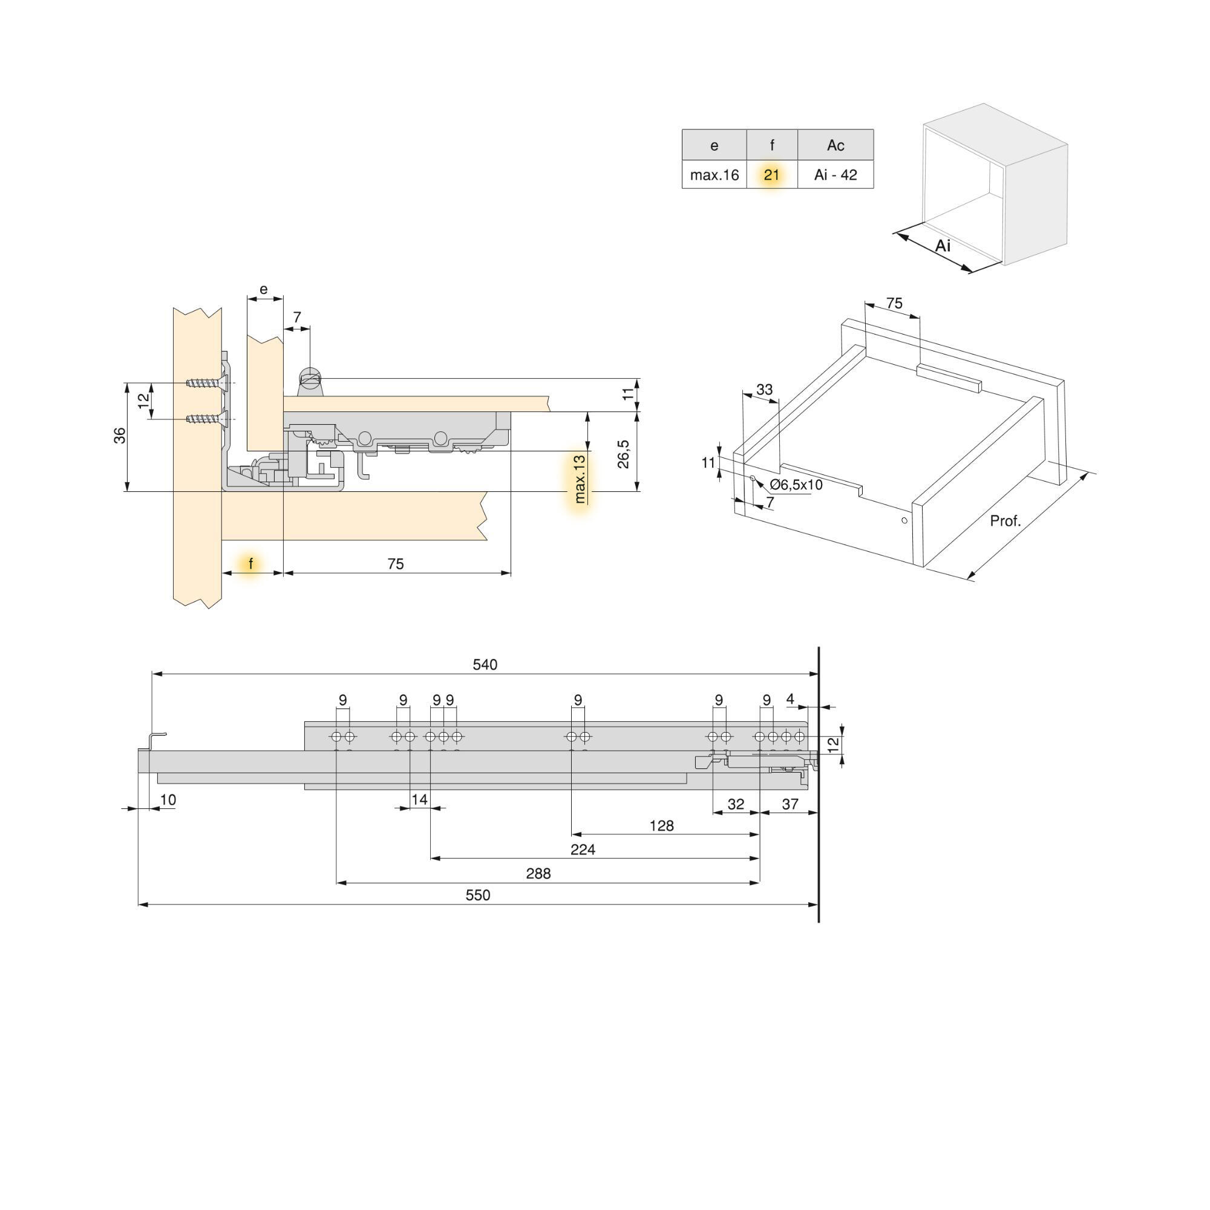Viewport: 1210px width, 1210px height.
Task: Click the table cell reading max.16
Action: click(714, 175)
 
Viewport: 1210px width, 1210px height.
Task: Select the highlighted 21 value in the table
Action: click(771, 175)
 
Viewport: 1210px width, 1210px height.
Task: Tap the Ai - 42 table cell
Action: click(836, 175)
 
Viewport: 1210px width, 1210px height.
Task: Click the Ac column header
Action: click(836, 145)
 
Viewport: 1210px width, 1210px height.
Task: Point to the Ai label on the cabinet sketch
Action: click(943, 246)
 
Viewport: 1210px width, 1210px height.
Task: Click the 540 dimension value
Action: click(485, 664)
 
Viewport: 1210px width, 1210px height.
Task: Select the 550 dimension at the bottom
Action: click(477, 895)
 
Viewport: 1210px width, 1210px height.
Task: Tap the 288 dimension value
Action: click(538, 873)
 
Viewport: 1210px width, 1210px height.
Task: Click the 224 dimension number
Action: click(583, 849)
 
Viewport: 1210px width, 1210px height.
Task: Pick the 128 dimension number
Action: click(661, 825)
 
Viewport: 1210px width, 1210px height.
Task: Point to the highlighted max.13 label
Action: click(580, 479)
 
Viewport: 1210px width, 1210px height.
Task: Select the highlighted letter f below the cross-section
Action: click(250, 564)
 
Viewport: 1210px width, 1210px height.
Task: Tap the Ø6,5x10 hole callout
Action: click(796, 485)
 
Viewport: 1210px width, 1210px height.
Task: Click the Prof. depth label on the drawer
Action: click(1004, 520)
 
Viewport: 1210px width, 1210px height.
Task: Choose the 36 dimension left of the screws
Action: click(120, 435)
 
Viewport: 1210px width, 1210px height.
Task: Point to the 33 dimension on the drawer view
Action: click(764, 390)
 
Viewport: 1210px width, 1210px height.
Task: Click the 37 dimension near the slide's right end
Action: click(790, 804)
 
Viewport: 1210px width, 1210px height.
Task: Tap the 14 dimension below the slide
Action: click(419, 799)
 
